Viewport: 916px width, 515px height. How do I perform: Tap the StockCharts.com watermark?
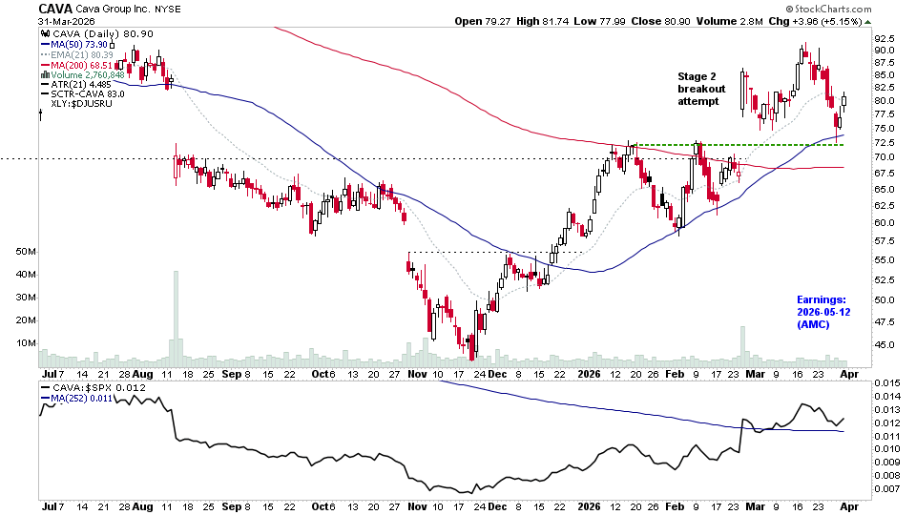coord(852,9)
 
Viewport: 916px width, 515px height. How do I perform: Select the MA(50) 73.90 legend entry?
coord(82,43)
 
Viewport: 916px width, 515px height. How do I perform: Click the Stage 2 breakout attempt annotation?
coord(701,89)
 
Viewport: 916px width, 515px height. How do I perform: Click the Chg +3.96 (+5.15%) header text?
coord(843,21)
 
